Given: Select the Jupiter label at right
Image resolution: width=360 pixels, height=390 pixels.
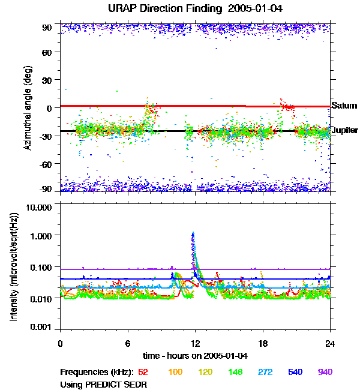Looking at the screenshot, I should coord(345,130).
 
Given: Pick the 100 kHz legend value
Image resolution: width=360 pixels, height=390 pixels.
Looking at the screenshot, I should coord(176,372).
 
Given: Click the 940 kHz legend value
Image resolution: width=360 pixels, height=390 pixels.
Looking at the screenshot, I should coord(325,372).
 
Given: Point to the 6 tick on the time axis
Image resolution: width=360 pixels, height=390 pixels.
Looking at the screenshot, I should coord(128,343).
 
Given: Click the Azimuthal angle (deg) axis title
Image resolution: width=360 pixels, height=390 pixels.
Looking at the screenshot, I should coord(28,108).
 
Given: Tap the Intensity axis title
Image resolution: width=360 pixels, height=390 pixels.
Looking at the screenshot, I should coord(13,267).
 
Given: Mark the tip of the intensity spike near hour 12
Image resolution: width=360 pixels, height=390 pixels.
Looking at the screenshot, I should coord(193,233).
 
